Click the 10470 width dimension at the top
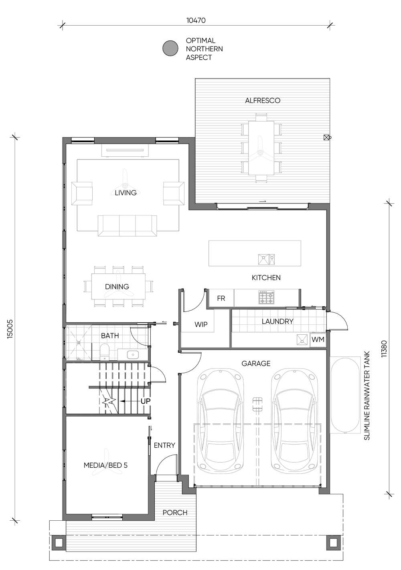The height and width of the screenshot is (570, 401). coord(196,20)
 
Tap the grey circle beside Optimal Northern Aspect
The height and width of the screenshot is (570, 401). coord(170,48)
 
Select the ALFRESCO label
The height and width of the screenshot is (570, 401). coord(263,101)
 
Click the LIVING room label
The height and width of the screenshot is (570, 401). coord(126,193)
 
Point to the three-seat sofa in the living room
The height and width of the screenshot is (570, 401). coord(127,225)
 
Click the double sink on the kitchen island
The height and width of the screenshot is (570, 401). coord(266,259)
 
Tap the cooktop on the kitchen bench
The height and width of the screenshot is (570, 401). coord(267,297)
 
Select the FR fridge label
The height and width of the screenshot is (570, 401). coord(221,298)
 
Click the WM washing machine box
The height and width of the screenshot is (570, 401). coord(318,340)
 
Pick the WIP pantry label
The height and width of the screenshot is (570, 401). coord(201,324)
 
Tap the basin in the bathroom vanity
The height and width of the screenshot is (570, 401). coord(132,354)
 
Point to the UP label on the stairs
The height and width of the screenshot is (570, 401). coord(146,401)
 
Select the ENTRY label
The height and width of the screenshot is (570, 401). coord(164,445)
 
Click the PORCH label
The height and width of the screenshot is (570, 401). coord(175,513)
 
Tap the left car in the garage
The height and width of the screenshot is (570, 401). coord(220,421)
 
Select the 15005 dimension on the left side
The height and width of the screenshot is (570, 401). coord(10,329)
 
